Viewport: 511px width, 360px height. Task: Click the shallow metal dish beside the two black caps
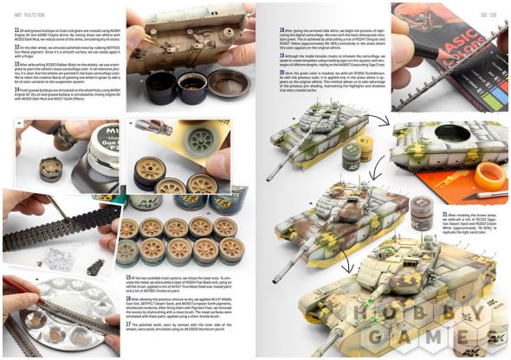[x=228, y=85]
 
